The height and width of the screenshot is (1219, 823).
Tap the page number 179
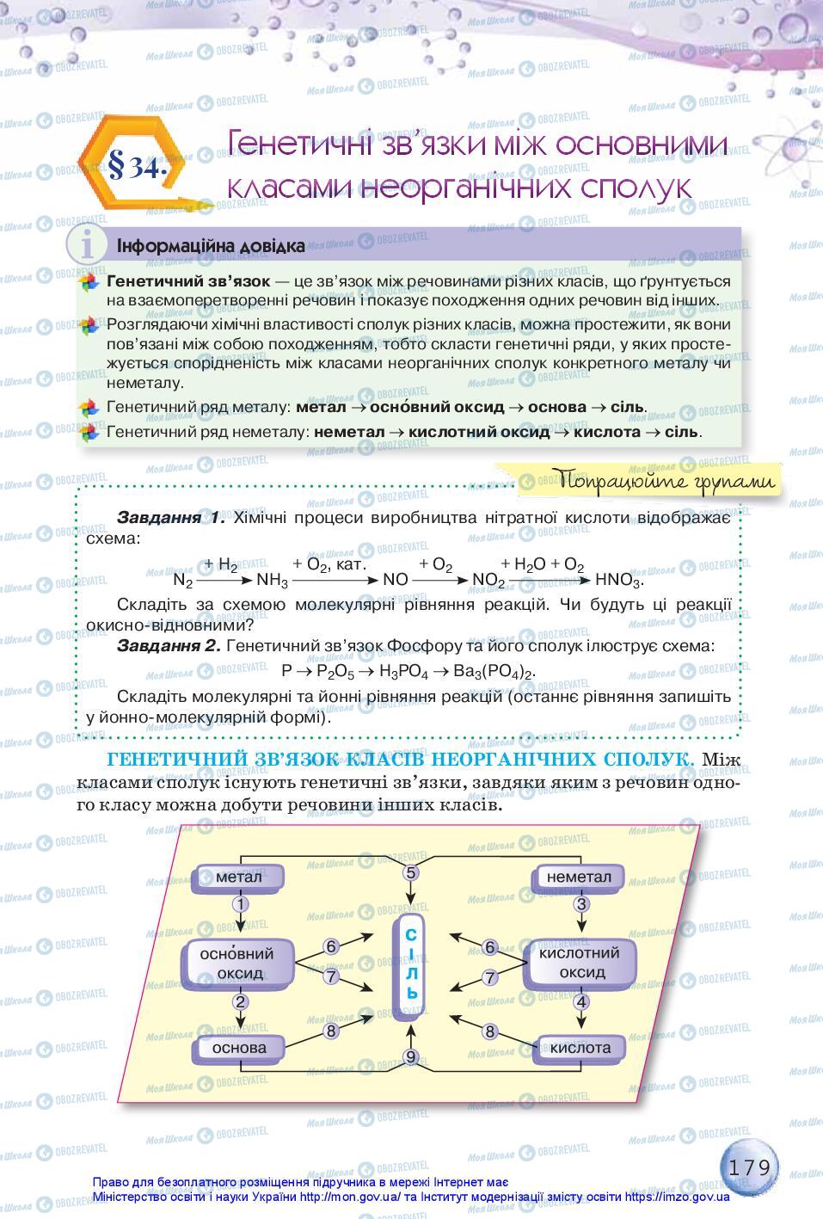point(752,1167)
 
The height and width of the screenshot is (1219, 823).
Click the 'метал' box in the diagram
point(239,877)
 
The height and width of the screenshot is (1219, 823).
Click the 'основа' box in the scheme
point(239,1048)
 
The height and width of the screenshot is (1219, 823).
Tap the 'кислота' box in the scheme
point(580,1048)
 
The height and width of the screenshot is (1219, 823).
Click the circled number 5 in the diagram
point(411,872)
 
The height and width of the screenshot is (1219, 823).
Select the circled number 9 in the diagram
point(411,1057)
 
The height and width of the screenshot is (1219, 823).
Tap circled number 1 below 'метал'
point(240,905)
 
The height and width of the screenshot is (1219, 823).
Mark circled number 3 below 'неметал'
point(581,904)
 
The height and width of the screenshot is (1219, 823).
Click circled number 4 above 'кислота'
point(581,1002)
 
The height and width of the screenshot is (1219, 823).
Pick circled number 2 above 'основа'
point(240,1002)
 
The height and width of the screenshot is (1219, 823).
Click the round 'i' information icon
point(87,246)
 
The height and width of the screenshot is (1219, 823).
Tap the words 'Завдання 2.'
point(169,646)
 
